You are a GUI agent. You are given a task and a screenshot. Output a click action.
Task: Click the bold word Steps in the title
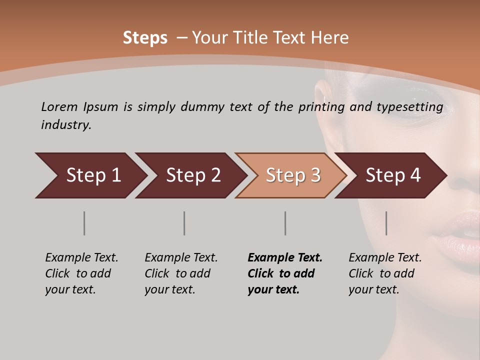pyautogui.click(x=145, y=38)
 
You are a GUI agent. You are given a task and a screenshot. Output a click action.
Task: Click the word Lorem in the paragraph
pyautogui.click(x=59, y=107)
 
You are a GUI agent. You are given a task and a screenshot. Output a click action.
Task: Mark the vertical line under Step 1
pyautogui.click(x=84, y=223)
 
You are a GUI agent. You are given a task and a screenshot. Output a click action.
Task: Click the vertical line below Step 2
pyautogui.click(x=184, y=223)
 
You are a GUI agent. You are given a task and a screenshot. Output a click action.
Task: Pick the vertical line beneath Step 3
pyautogui.click(x=285, y=223)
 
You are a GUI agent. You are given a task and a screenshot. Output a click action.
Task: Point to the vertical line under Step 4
pyautogui.click(x=386, y=223)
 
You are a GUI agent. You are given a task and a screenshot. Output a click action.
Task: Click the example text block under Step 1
pyautogui.click(x=81, y=273)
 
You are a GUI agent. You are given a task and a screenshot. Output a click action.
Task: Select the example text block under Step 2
pyautogui.click(x=181, y=273)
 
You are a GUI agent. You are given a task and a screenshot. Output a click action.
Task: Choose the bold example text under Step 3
pyautogui.click(x=285, y=273)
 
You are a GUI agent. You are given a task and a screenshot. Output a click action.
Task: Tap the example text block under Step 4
pyautogui.click(x=385, y=273)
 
